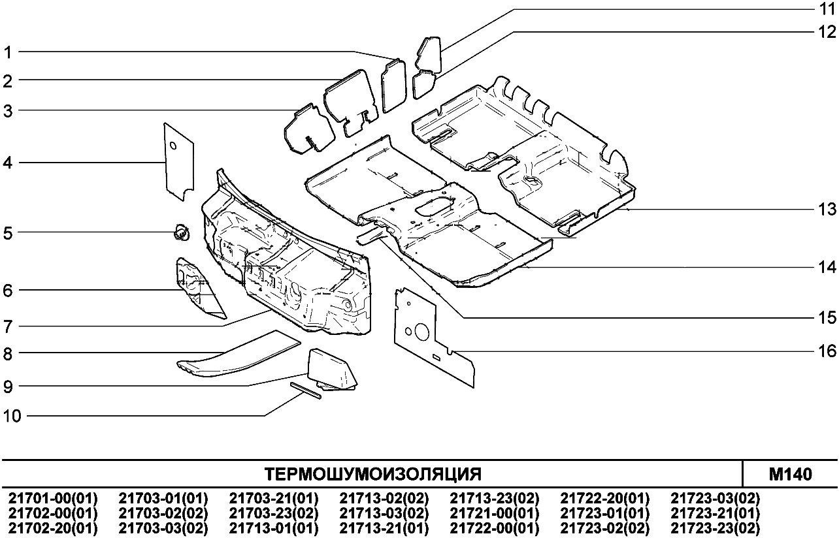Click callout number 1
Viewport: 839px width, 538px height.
(x=8, y=52)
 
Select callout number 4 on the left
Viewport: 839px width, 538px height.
(x=8, y=163)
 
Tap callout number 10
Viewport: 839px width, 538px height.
(x=12, y=416)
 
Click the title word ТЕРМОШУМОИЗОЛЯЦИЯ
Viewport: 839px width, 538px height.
(x=372, y=473)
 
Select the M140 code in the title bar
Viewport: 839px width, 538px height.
(x=791, y=473)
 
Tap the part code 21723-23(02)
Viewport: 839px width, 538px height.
(x=716, y=528)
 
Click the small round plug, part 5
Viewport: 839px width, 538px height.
(x=180, y=231)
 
